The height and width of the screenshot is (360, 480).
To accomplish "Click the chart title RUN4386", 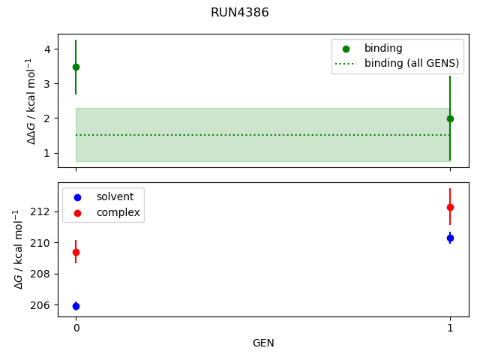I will (x=239, y=13).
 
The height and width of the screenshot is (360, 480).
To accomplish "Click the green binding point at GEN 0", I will (x=76, y=67).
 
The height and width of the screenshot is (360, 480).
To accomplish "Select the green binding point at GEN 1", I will (x=450, y=118).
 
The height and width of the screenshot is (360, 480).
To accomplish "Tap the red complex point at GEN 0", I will (x=76, y=252).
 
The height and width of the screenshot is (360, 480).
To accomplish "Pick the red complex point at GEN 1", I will (x=450, y=207).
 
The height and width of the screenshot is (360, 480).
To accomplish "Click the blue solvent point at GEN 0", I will (x=76, y=306).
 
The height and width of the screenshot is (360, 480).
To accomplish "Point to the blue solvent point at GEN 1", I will (x=450, y=238).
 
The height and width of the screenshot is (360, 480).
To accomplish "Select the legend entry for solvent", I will (x=115, y=196).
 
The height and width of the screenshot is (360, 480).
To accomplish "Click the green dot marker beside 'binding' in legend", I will (x=346, y=48).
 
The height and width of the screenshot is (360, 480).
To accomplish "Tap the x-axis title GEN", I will (x=263, y=343).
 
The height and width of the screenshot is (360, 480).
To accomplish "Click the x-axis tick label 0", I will (x=76, y=328).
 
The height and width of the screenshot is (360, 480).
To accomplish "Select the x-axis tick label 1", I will (x=450, y=328).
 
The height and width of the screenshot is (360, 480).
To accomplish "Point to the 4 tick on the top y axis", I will (x=46, y=49).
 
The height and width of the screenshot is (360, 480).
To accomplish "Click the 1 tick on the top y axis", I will (x=46, y=153).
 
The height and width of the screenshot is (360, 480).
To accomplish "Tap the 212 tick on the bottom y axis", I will (x=40, y=211).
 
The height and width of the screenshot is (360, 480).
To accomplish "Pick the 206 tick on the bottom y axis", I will (x=40, y=305).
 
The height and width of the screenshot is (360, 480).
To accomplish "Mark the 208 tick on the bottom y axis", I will (x=40, y=274).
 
